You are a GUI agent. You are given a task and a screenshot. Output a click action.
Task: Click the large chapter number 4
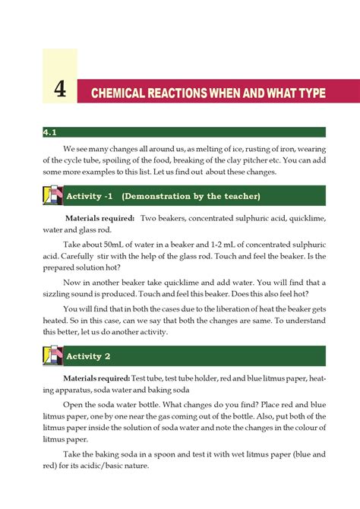pyautogui.click(x=60, y=92)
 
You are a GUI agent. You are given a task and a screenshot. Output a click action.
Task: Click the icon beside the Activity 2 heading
pyautogui.click(x=52, y=356)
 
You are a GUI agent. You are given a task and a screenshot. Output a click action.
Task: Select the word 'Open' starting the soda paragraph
pyautogui.click(x=74, y=405)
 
